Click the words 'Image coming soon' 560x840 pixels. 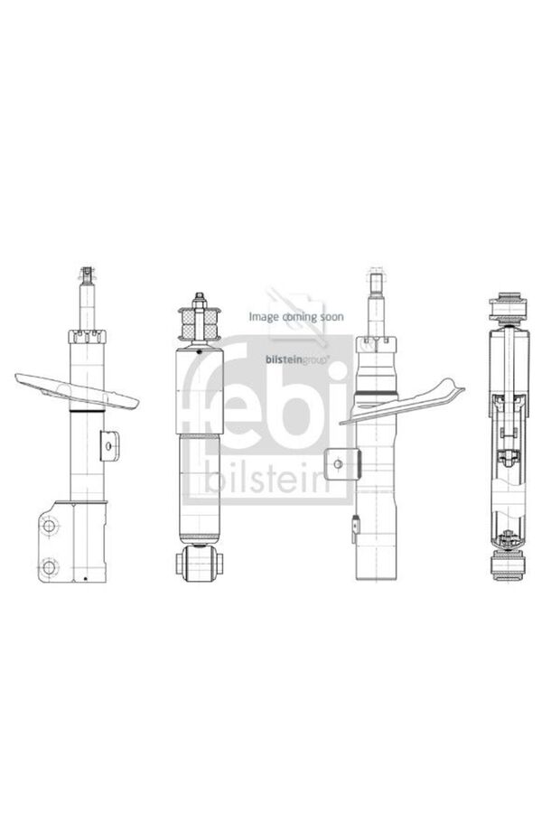click(x=296, y=317)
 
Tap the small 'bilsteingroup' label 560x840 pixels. click(x=297, y=360)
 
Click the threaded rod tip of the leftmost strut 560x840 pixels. click(x=87, y=275)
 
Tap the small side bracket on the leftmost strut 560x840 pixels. click(x=110, y=444)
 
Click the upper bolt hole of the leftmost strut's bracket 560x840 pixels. click(x=50, y=526)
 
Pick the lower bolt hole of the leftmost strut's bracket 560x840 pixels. click(x=50, y=566)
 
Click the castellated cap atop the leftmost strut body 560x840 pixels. click(x=88, y=336)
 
